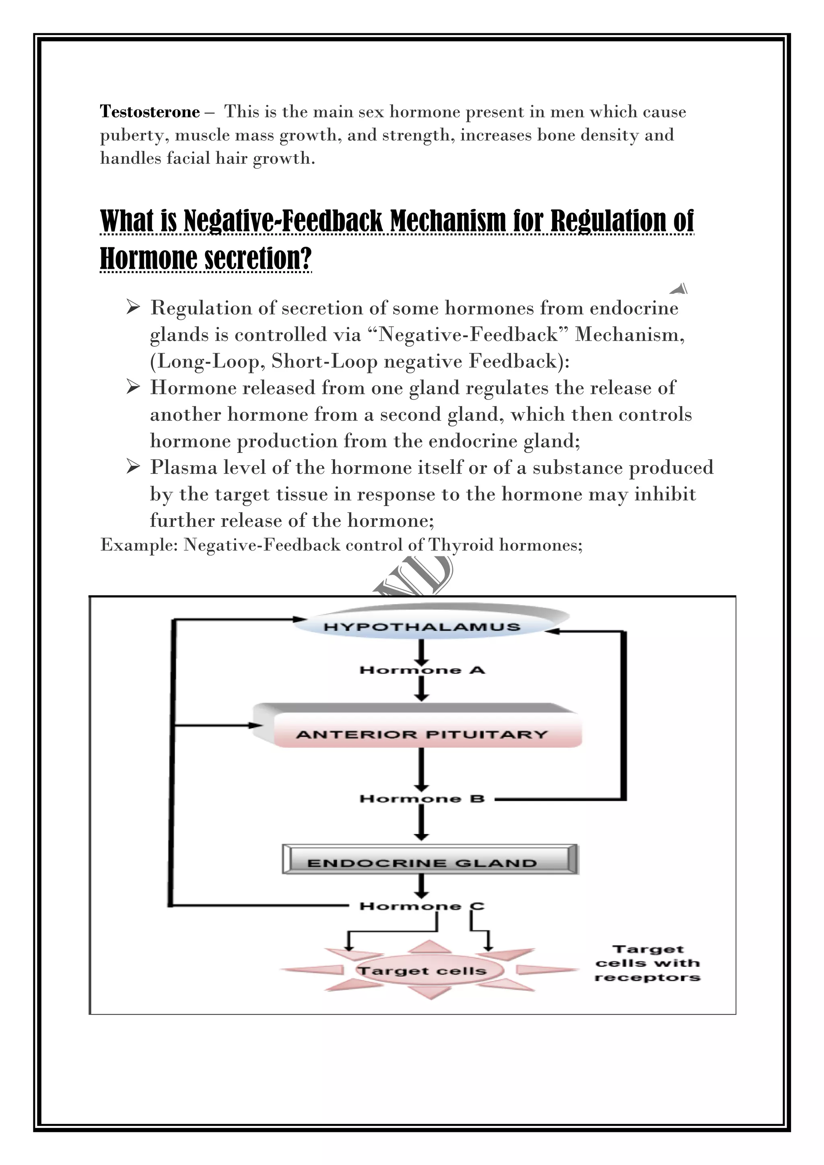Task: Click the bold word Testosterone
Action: point(150,111)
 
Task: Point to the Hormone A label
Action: point(422,670)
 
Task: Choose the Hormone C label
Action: point(422,906)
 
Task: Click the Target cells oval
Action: point(422,971)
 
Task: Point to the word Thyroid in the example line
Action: point(461,545)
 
